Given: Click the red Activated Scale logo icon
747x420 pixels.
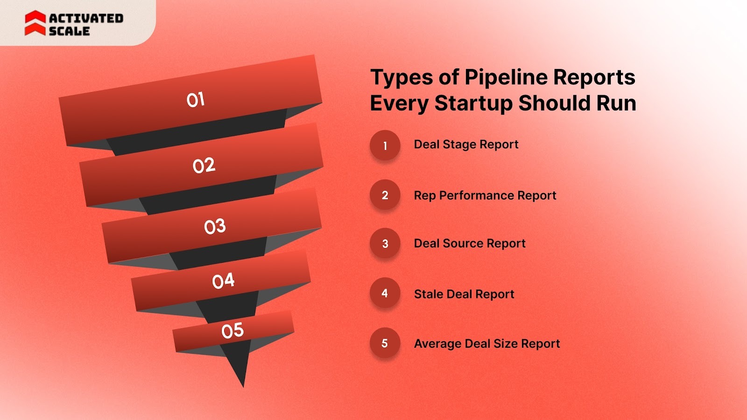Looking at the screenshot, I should pyautogui.click(x=35, y=23).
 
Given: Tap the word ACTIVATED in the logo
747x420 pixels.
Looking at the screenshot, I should pyautogui.click(x=86, y=18).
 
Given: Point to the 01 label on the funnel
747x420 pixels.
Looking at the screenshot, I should pyautogui.click(x=196, y=100).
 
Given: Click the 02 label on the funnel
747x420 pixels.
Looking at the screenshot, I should pyautogui.click(x=204, y=165).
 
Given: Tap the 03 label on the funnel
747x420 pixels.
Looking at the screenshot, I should pyautogui.click(x=215, y=227).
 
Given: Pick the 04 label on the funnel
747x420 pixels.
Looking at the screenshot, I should pyautogui.click(x=223, y=281).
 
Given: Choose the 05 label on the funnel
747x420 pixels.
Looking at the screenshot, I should pyautogui.click(x=233, y=330).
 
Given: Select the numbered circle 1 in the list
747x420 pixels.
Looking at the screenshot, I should pyautogui.click(x=385, y=145).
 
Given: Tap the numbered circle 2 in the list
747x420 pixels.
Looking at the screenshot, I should pyautogui.click(x=385, y=195).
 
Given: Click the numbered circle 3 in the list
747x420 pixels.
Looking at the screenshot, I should pyautogui.click(x=385, y=243).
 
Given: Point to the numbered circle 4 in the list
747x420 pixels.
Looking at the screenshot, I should pyautogui.click(x=385, y=293).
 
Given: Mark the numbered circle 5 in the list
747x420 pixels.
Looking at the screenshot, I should pyautogui.click(x=385, y=343).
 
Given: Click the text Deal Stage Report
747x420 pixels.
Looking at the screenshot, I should pyautogui.click(x=466, y=145).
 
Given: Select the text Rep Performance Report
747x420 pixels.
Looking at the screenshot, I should pyautogui.click(x=485, y=195).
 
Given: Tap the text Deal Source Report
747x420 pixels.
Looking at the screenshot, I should pyautogui.click(x=470, y=243).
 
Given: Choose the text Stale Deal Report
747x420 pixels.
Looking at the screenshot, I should pyautogui.click(x=464, y=294).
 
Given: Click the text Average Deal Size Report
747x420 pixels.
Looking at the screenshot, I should pyautogui.click(x=487, y=344).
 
